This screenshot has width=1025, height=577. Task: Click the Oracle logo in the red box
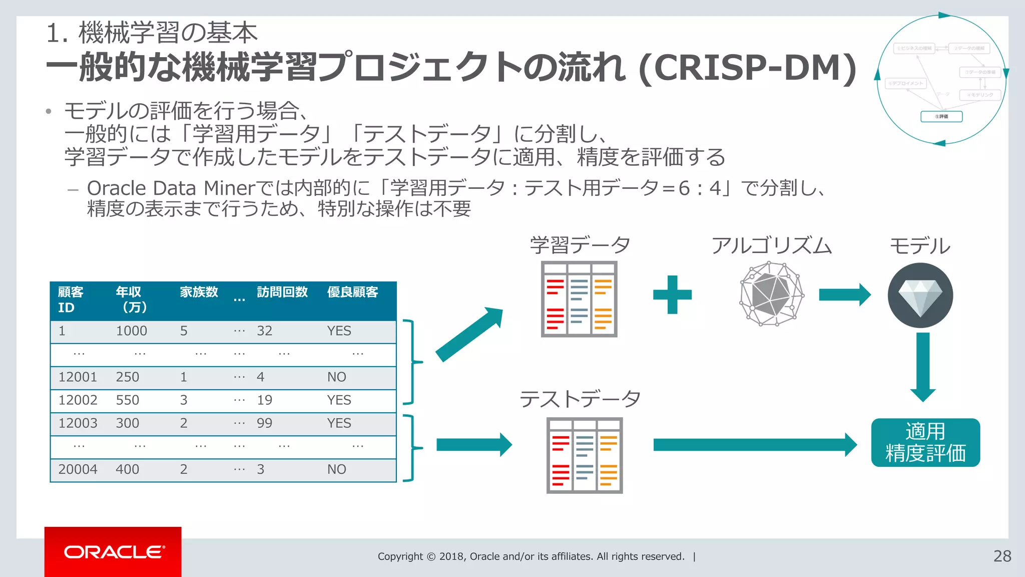(114, 552)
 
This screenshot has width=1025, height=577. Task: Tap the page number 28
(1002, 556)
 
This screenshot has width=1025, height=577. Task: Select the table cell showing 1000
(131, 331)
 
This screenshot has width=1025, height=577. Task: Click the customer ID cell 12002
(78, 400)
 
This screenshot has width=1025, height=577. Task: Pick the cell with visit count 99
(264, 423)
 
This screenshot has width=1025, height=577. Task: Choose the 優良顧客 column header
(352, 292)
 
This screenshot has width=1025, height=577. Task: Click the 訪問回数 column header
(282, 292)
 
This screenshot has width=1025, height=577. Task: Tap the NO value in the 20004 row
(336, 469)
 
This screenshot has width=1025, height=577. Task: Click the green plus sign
(672, 295)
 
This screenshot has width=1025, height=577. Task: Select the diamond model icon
(920, 296)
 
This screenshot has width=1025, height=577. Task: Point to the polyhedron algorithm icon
(771, 295)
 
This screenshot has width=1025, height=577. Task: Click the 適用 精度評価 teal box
(925, 442)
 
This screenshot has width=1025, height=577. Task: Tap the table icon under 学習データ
(579, 299)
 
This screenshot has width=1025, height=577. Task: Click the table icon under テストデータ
(584, 455)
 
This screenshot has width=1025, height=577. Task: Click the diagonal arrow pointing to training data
(468, 335)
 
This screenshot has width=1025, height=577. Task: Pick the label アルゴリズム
(771, 246)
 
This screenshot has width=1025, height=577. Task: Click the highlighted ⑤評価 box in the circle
(941, 117)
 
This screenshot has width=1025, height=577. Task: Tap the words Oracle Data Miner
(171, 188)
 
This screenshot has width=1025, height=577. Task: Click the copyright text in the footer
(531, 556)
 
